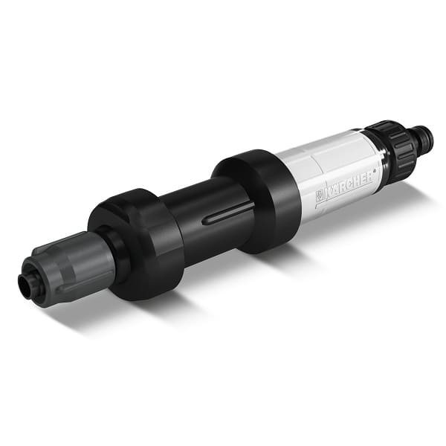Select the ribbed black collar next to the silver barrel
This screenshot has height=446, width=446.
391,151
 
